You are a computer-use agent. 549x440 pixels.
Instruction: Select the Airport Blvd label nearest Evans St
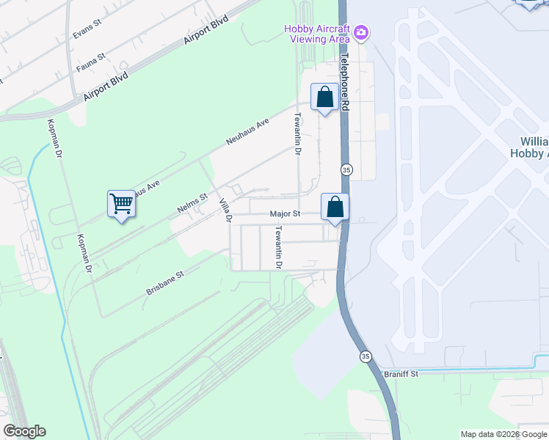(208, 30)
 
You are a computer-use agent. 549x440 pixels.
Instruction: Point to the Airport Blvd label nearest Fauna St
(106, 86)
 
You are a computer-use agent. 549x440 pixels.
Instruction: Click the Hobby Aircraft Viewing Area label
(316, 34)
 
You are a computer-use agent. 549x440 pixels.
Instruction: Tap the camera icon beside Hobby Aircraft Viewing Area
(361, 33)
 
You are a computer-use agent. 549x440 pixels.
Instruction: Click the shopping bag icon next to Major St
(335, 208)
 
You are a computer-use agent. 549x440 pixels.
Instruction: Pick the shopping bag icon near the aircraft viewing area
(324, 98)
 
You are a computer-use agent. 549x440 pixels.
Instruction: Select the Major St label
(286, 214)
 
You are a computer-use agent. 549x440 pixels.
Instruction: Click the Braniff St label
(401, 373)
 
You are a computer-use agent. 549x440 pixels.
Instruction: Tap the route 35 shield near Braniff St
(365, 356)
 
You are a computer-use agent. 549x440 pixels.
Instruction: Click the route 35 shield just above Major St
(346, 169)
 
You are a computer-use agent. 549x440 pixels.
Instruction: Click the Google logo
(24, 431)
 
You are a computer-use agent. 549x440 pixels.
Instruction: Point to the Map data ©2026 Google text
(504, 435)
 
